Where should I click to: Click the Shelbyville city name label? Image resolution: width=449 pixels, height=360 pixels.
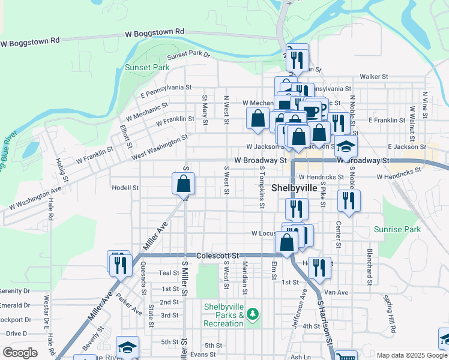[294, 188]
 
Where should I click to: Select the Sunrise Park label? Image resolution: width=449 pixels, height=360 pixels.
[397, 229]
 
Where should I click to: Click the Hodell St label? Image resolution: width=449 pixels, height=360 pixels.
[125, 187]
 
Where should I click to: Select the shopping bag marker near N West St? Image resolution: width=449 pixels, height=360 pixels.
[258, 119]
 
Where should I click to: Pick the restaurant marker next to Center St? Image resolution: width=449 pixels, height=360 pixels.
[348, 202]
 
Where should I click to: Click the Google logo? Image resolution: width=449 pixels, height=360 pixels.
[20, 353]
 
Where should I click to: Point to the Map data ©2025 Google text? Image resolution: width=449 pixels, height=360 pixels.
[411, 355]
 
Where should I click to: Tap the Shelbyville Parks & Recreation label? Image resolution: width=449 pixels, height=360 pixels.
[223, 315]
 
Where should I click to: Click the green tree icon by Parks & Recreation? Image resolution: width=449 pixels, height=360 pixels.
[253, 314]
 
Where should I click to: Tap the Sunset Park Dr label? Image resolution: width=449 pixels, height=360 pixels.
[189, 55]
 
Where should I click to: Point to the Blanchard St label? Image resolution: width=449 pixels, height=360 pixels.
[370, 266]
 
